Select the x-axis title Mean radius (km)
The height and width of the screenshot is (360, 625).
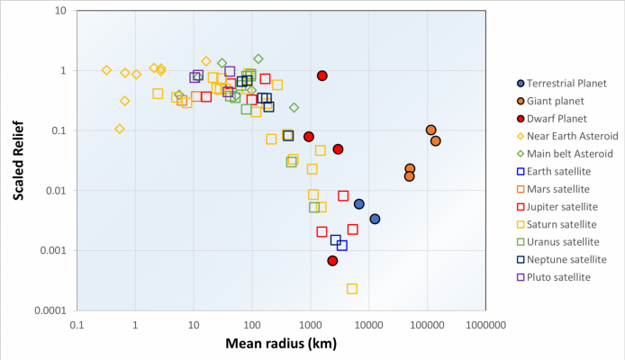[282, 345]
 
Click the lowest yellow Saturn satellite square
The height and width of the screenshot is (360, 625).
[352, 289]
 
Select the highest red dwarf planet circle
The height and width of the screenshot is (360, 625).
[322, 76]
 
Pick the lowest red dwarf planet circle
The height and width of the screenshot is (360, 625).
[332, 261]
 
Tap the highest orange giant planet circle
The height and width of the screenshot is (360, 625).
[431, 130]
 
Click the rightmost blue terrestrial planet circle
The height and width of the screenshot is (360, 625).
[375, 219]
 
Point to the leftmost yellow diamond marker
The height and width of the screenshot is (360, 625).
[107, 70]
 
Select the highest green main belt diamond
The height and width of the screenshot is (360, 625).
[258, 58]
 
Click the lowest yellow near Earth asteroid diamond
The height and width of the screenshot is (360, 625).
[120, 129]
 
